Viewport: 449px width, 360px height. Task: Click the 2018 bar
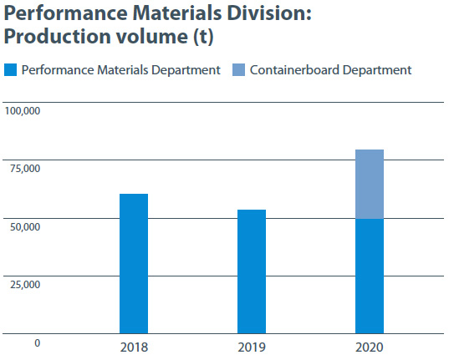click(134, 264)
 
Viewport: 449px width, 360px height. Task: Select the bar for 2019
click(252, 271)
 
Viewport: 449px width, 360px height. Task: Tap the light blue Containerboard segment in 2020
click(370, 184)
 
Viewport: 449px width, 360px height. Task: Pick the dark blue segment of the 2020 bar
click(370, 276)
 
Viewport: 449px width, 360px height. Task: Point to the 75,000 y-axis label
click(25, 169)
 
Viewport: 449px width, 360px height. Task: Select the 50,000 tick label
click(25, 226)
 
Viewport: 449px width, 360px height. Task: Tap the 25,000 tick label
click(25, 285)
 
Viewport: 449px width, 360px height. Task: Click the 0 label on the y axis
click(38, 342)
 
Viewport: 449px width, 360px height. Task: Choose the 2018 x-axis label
click(134, 347)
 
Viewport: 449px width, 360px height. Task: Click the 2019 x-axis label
click(252, 347)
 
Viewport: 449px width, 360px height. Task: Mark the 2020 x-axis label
click(370, 347)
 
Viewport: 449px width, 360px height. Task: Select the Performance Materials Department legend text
click(120, 70)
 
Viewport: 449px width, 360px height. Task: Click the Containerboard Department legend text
click(331, 70)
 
